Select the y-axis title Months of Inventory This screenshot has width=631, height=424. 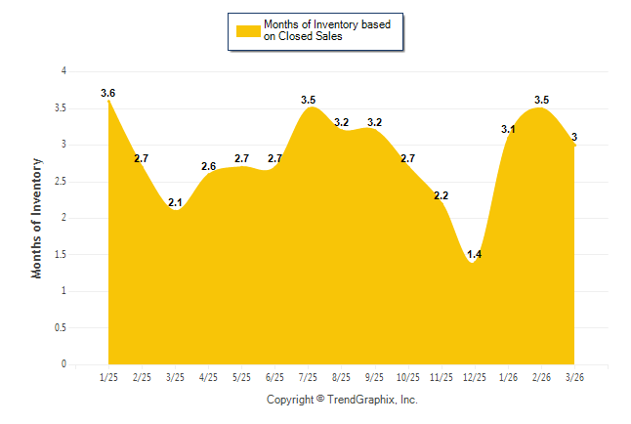[x=37, y=218]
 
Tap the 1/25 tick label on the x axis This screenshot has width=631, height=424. [x=108, y=376]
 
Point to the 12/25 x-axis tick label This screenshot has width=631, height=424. [x=474, y=376]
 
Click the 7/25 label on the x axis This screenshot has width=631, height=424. [x=308, y=376]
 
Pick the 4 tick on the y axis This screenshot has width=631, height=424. [x=63, y=71]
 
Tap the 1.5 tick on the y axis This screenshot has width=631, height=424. [x=61, y=254]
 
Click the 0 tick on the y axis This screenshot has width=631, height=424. [x=63, y=364]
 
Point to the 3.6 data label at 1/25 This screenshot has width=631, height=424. [x=108, y=94]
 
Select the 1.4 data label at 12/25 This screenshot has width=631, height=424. [x=474, y=254]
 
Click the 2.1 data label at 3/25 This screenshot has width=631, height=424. [x=175, y=203]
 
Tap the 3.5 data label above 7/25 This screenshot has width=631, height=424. [x=308, y=100]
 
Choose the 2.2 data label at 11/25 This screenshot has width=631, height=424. [x=441, y=196]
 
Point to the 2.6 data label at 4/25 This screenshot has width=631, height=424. [x=208, y=167]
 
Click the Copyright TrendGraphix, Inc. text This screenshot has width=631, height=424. [x=342, y=400]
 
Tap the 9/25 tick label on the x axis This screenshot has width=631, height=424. [x=374, y=376]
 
